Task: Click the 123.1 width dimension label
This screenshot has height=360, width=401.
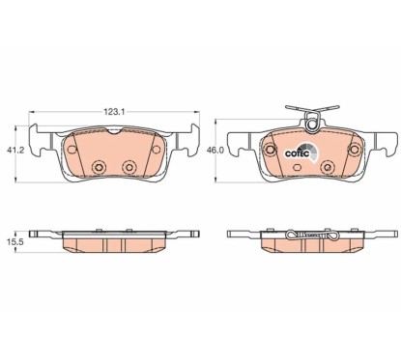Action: [114, 112]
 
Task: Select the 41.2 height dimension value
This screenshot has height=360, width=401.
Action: [15, 150]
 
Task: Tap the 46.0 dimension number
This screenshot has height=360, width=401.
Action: [215, 151]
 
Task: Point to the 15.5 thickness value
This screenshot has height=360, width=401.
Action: [14, 242]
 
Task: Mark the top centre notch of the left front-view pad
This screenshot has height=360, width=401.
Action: [113, 130]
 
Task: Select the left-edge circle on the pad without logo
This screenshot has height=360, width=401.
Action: [72, 150]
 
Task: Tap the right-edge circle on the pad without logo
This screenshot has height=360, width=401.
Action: [157, 150]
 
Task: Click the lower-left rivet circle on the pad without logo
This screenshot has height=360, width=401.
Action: [100, 167]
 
